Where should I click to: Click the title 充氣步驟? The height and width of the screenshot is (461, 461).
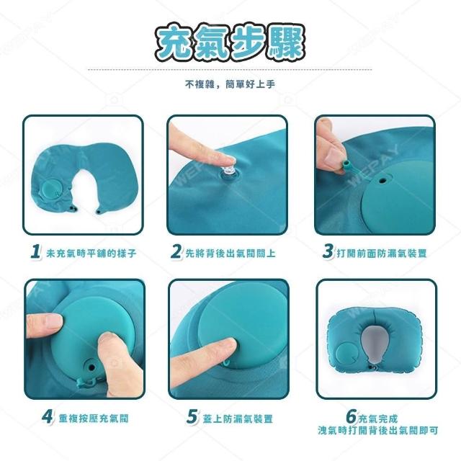230,43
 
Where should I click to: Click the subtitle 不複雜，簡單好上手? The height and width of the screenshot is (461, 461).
230,85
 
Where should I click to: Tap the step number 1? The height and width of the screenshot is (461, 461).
35,252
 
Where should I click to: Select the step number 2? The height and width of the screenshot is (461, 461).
176,252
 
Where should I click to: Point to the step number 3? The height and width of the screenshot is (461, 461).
328,252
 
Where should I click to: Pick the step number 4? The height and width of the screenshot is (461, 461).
47,416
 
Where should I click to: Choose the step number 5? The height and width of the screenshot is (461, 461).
192,416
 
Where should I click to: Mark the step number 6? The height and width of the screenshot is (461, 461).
352,416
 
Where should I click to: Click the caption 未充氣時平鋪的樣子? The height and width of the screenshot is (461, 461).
91,253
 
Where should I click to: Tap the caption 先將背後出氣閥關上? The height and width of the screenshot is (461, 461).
230,253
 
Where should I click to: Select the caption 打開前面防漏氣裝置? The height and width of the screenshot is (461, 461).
382,253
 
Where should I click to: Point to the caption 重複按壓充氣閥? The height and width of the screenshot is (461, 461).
94,418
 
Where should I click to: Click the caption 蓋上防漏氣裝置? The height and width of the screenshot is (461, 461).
238,418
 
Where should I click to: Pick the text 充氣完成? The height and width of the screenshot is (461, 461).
377,418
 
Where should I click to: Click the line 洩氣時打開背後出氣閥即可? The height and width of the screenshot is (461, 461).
377,431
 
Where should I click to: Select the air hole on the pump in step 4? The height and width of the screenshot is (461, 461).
91,367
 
